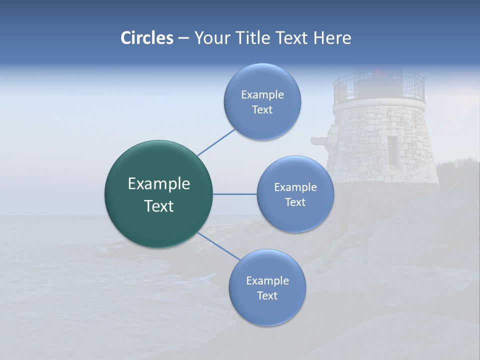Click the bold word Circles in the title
[x=146, y=38]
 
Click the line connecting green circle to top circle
[x=216, y=142]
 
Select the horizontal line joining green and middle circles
[x=235, y=194]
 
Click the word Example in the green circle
[x=158, y=184]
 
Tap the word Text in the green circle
[x=158, y=206]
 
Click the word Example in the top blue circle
[x=262, y=95]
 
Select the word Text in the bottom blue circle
[x=267, y=295]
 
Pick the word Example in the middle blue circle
[x=295, y=187]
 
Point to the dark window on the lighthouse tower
[x=392, y=150]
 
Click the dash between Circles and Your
[x=183, y=38]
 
